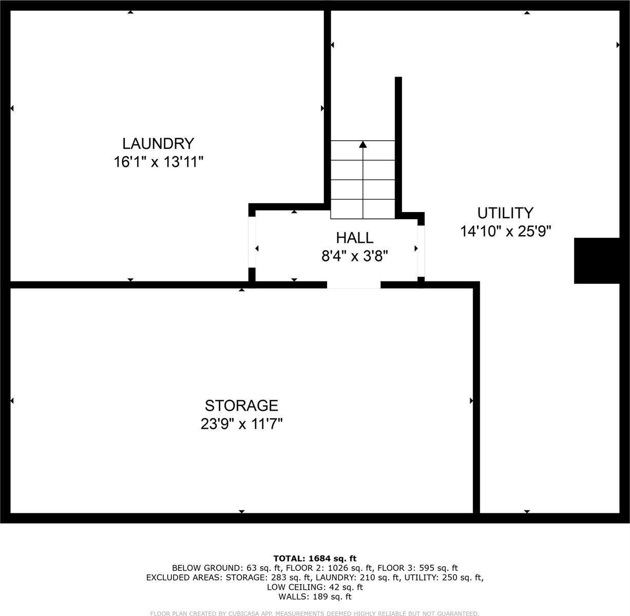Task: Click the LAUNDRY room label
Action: [x=158, y=143]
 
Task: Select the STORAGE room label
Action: [x=241, y=406]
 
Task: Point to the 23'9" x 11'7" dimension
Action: [x=241, y=425]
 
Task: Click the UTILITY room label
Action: [x=505, y=213]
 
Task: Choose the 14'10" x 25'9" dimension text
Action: [x=505, y=232]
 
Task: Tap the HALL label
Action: [x=354, y=238]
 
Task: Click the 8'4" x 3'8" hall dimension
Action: [x=354, y=256]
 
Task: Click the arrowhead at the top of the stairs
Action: [x=363, y=144]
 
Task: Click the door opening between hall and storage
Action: [x=354, y=285]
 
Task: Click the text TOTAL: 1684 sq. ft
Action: [x=315, y=559]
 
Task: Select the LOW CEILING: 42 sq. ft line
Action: [x=315, y=587]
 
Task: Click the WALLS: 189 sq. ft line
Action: [x=315, y=596]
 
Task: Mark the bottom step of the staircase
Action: [x=363, y=209]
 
